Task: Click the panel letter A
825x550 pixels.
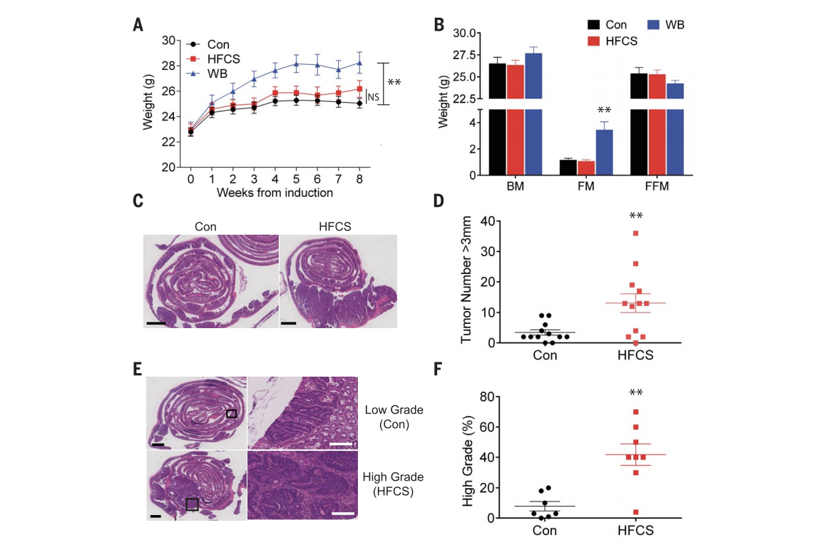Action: pyautogui.click(x=138, y=25)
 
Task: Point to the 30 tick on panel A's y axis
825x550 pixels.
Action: pyautogui.click(x=170, y=41)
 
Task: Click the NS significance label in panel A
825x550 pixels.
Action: pyautogui.click(x=372, y=96)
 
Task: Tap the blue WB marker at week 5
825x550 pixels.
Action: pyautogui.click(x=296, y=63)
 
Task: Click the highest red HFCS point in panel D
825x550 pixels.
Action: pyautogui.click(x=635, y=233)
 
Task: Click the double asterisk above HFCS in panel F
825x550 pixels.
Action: pyautogui.click(x=635, y=392)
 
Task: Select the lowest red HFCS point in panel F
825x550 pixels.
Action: pyautogui.click(x=635, y=512)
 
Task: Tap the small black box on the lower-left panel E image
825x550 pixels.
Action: pyautogui.click(x=192, y=504)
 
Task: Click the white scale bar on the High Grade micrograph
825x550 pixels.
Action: pyautogui.click(x=343, y=511)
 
